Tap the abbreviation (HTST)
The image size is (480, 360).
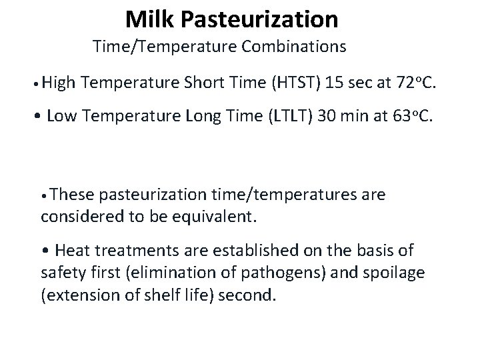[295, 83]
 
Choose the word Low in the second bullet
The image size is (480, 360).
[61, 117]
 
